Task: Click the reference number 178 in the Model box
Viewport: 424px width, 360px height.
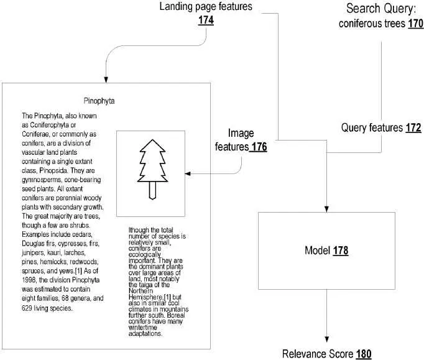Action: click(340, 251)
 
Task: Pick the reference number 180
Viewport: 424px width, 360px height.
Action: click(364, 354)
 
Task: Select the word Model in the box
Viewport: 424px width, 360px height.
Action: click(317, 251)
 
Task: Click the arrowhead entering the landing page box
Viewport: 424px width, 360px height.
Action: click(106, 78)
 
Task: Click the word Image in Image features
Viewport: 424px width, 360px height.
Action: click(241, 133)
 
